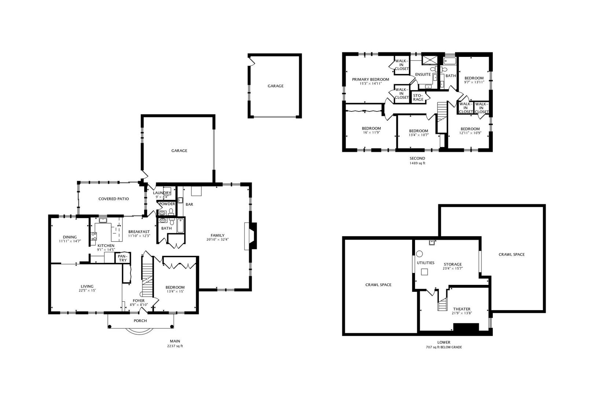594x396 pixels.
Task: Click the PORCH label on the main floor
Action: click(140, 321)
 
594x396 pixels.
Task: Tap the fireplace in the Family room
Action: click(253, 236)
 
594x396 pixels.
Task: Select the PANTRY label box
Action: click(122, 258)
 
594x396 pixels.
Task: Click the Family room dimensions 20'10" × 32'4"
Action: click(217, 240)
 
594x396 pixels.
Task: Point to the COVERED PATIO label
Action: click(114, 199)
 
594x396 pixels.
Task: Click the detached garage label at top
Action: click(275, 86)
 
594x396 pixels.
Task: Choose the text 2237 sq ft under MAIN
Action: click(175, 346)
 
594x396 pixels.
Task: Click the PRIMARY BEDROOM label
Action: click(370, 79)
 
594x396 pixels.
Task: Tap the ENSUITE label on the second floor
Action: click(423, 74)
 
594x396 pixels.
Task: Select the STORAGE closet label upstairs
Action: click(418, 97)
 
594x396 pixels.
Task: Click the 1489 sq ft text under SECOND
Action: click(417, 163)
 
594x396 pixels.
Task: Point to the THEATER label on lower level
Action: click(461, 309)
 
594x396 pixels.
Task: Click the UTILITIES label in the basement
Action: click(425, 263)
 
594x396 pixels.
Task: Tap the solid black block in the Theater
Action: click(466, 327)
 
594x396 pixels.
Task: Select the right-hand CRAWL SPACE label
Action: click(511, 254)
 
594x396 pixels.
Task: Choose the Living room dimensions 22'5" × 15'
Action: click(87, 290)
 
